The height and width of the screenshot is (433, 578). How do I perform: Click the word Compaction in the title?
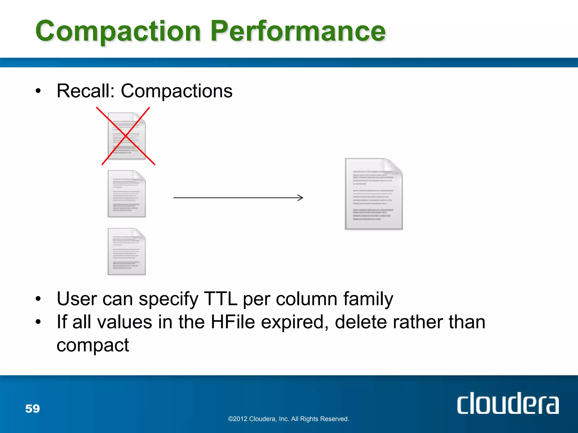(118, 32)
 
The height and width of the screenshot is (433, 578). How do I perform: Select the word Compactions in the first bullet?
(177, 91)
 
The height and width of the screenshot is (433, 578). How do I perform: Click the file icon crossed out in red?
(127, 136)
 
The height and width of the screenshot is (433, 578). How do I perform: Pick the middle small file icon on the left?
(127, 194)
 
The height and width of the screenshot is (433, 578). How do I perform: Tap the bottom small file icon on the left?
(127, 251)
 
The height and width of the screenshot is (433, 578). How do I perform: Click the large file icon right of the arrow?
(374, 194)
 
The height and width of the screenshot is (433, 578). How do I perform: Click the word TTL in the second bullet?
(220, 299)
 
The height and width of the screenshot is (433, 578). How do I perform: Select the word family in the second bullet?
(368, 299)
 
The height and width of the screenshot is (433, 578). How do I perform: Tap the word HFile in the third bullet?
(233, 322)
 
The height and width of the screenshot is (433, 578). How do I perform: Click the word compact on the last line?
(93, 345)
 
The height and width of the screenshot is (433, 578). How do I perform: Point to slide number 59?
(32, 408)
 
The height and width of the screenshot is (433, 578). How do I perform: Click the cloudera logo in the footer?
(508, 403)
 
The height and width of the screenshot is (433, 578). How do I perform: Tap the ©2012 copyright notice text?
(288, 419)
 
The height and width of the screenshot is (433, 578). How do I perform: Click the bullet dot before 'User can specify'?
(38, 299)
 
